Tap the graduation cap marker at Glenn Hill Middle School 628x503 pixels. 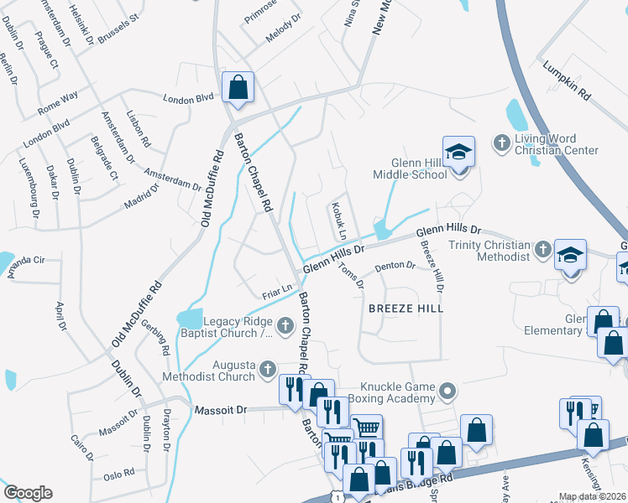[458, 153]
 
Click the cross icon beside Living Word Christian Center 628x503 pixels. [502, 140]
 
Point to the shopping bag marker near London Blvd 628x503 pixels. [238, 86]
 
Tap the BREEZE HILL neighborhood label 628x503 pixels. [406, 309]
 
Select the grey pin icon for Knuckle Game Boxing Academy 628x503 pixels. [447, 388]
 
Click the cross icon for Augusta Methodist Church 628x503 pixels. [267, 367]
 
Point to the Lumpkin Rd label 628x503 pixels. [567, 81]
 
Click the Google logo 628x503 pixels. [28, 493]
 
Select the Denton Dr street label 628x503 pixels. [395, 267]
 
